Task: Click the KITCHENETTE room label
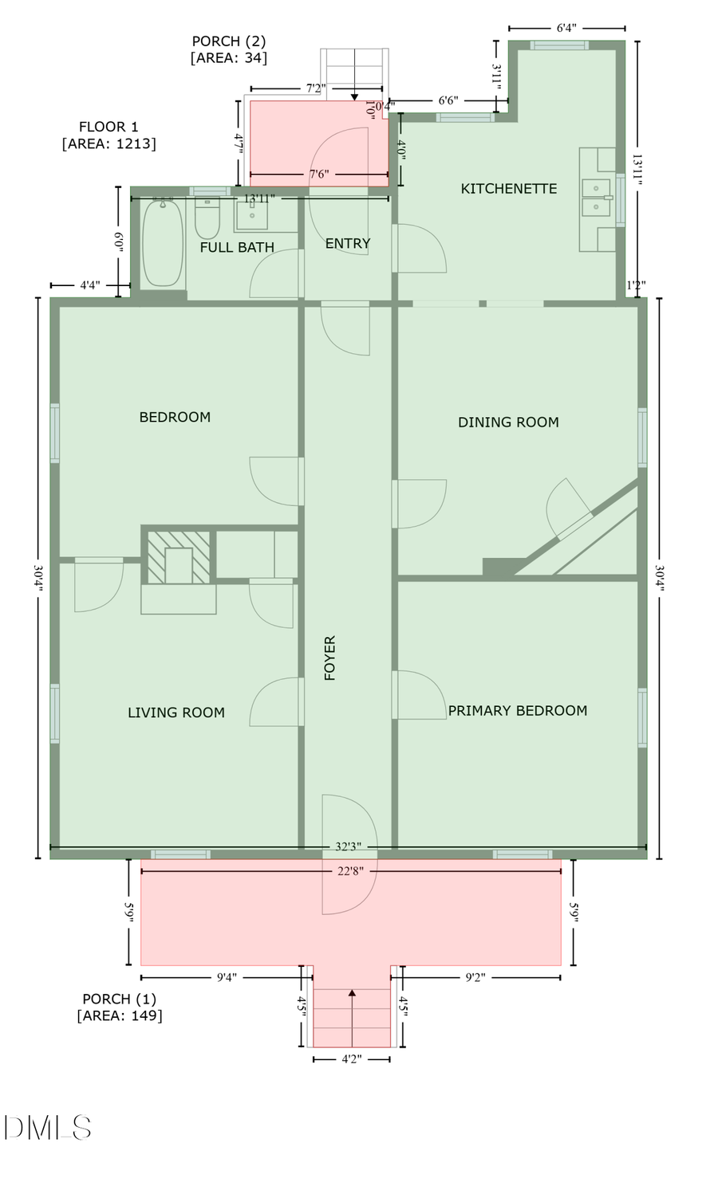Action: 508,189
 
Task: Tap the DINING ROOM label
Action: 508,422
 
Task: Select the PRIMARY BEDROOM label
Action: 517,711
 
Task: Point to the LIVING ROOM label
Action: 176,713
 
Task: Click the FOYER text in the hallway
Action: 330,658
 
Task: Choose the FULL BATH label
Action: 237,248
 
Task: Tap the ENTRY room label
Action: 348,244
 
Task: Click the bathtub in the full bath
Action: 163,243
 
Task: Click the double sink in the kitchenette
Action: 596,198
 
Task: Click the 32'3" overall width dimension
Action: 349,847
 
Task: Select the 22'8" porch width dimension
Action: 350,871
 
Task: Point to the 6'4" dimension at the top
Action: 566,28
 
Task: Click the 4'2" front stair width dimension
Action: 351,1059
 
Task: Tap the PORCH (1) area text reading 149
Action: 120,1015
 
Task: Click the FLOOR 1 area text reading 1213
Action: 108,143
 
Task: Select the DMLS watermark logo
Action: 47,1127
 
